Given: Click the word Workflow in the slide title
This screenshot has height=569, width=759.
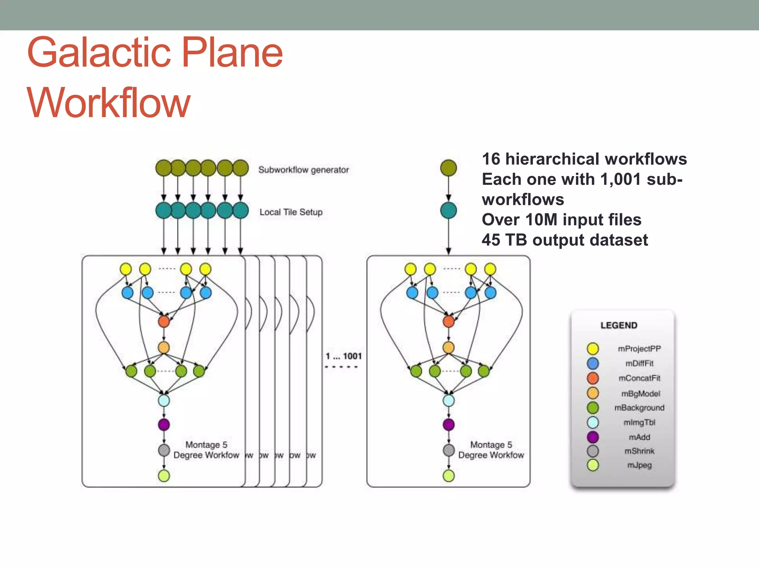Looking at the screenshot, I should [109, 103].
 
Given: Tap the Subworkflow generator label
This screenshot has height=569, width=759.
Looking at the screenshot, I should [304, 170].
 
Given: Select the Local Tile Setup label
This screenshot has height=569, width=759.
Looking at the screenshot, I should [291, 212].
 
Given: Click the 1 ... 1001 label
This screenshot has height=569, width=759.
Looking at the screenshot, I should [344, 356].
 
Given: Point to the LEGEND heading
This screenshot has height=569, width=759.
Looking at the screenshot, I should [619, 325].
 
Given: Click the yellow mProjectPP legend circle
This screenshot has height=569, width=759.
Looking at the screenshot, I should [593, 349].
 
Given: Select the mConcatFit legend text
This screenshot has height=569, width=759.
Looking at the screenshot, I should [639, 378].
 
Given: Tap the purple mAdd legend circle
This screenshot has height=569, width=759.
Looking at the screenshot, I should [593, 437].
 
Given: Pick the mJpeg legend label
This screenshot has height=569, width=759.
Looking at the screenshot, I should [639, 465].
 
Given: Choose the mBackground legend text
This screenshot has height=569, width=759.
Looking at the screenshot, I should [639, 407].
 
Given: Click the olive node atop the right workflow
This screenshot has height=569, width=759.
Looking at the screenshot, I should [448, 168].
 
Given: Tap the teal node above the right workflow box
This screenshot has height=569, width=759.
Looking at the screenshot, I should [448, 210].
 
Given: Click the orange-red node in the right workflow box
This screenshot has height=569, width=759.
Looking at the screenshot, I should [448, 321].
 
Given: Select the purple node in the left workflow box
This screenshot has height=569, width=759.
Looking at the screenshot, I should [164, 424].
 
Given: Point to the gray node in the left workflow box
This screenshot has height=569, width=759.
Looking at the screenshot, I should [164, 450].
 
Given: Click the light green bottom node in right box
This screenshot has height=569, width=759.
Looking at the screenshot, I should [448, 476].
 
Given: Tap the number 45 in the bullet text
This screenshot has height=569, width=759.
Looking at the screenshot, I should [491, 240].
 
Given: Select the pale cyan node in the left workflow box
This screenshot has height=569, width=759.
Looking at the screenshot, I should [164, 400].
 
